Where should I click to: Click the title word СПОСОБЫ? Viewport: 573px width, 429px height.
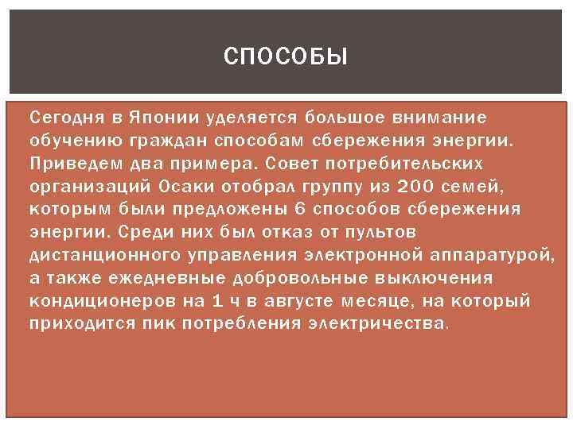click(x=286, y=56)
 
